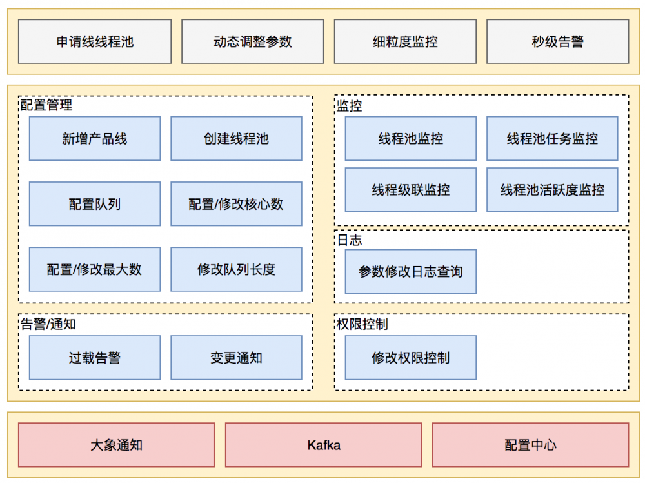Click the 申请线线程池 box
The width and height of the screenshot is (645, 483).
95,42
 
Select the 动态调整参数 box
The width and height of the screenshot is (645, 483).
252,42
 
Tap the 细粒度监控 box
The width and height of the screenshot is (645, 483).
405,42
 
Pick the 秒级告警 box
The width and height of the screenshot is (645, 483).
557,42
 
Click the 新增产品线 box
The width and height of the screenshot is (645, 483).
95,139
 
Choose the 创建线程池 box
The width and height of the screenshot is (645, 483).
236,139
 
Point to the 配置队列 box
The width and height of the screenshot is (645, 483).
95,204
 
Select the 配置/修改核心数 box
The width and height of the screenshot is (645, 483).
236,204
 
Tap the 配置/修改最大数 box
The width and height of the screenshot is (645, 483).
95,269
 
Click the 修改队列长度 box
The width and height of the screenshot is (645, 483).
236,269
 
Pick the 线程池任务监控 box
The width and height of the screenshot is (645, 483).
552,139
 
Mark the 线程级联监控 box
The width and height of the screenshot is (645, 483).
411,190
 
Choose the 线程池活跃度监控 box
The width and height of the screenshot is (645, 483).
552,190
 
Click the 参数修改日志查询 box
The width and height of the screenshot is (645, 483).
411,272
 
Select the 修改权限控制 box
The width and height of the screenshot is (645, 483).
411,358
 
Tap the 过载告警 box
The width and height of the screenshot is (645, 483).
95,358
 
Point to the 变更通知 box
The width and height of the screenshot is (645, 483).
236,358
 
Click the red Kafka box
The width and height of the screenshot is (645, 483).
323,445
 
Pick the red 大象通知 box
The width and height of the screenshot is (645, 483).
116,445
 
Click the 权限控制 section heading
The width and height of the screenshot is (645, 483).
362,324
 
